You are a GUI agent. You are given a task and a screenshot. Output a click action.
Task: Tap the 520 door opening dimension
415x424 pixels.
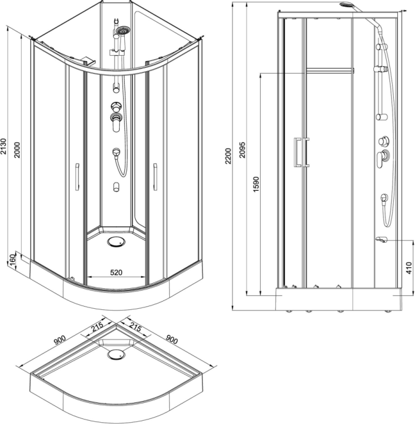click(116, 272)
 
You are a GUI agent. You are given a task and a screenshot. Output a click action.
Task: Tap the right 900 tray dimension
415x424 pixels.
click(172, 338)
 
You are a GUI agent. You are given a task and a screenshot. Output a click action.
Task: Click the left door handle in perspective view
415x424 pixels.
click(76, 178)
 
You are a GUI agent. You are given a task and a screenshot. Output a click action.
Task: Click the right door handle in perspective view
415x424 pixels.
click(155, 178)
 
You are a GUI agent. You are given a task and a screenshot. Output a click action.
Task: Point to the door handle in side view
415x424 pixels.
click(301, 152)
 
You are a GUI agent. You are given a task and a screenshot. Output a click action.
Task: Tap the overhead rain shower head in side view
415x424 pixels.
click(348, 6)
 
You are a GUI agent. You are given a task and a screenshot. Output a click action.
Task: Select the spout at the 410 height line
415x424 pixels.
click(382, 240)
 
